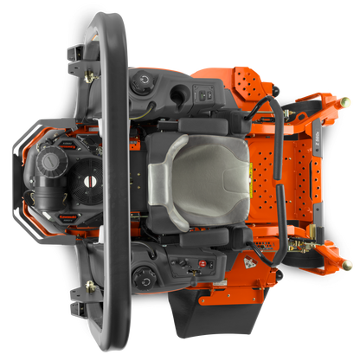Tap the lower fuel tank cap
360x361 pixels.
click(144, 277)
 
